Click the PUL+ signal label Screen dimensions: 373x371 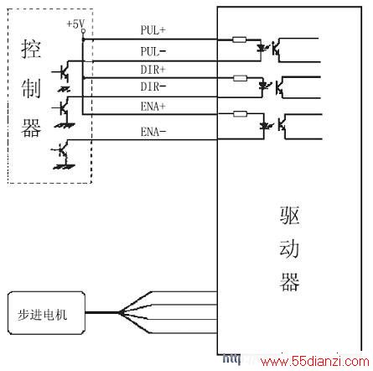[153, 30]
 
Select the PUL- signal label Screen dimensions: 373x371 [153, 51]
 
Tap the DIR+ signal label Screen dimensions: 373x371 [153, 70]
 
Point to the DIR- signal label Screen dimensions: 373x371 [153, 86]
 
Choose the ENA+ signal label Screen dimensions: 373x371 [153, 107]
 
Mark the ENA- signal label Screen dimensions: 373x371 [153, 132]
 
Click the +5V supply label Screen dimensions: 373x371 [75, 24]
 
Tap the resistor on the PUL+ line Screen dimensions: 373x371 [240, 39]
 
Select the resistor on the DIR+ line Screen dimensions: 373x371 [240, 78]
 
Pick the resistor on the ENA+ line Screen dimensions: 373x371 [240, 114]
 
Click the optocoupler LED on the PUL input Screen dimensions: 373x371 [262, 48]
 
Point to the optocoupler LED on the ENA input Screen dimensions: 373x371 [264, 126]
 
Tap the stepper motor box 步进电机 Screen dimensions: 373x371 [46, 313]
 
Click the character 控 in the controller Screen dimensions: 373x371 [31, 49]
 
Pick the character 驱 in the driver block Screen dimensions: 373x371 [290, 216]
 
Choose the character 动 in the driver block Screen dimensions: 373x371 [290, 248]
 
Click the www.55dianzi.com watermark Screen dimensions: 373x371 [315, 361]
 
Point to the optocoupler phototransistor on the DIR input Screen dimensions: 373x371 [280, 87]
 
